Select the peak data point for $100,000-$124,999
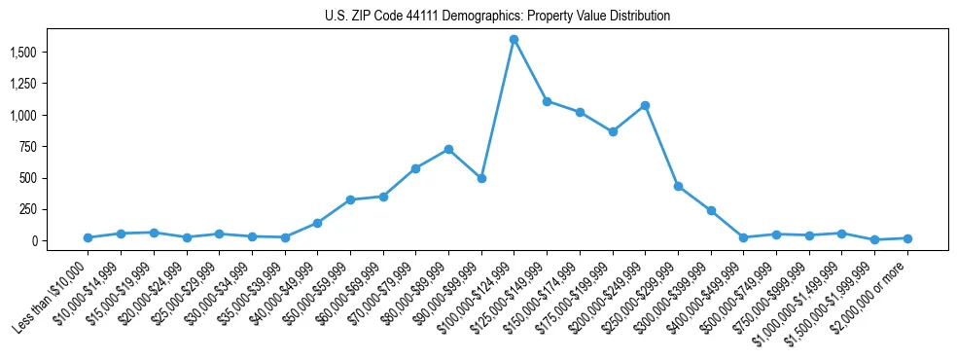click(x=514, y=39)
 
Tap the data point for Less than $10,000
click(x=88, y=237)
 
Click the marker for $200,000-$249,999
click(x=645, y=105)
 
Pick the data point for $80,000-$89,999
click(x=448, y=149)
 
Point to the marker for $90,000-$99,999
click(x=481, y=178)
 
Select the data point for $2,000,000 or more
click(x=907, y=238)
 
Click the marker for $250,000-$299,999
click(x=678, y=186)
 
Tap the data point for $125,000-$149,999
click(x=547, y=101)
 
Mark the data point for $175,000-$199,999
click(x=612, y=131)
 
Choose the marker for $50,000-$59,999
click(x=350, y=199)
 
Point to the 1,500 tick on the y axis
click(x=40, y=52)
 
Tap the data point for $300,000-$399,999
click(x=711, y=210)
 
